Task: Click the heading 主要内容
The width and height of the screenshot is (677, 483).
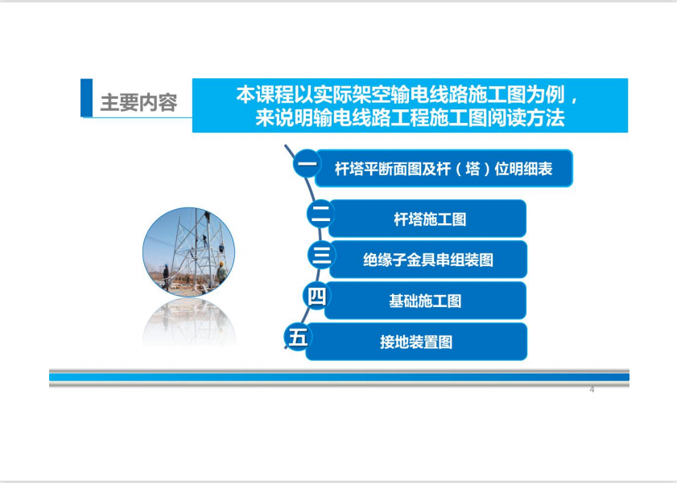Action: (138, 103)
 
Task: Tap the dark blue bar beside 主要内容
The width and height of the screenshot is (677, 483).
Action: (87, 98)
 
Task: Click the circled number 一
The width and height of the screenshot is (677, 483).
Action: (307, 163)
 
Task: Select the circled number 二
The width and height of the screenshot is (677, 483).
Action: (320, 214)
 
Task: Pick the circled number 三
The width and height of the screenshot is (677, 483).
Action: (321, 254)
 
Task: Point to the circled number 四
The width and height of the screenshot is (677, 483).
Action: (316, 296)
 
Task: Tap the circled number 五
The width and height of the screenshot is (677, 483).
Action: (298, 337)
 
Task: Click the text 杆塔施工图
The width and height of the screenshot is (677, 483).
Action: (430, 219)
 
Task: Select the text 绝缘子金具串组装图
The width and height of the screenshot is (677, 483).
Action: (428, 260)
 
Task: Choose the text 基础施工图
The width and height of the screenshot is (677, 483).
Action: (425, 301)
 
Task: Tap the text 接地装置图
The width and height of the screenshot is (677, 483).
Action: (416, 342)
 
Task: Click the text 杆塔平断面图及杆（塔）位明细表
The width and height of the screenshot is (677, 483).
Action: (444, 169)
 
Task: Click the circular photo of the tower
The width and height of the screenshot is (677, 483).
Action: (188, 252)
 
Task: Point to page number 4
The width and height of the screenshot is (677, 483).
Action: (592, 390)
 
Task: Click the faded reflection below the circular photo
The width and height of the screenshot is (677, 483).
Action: (189, 321)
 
